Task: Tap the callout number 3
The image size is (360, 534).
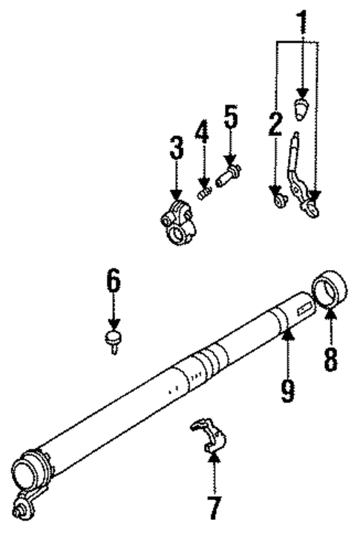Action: click(x=176, y=148)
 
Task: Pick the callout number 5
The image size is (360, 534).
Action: click(x=231, y=117)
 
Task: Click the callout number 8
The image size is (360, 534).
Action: click(x=330, y=359)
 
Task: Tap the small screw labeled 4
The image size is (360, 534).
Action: click(x=203, y=193)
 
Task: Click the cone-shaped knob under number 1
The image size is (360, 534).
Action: click(x=301, y=109)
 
